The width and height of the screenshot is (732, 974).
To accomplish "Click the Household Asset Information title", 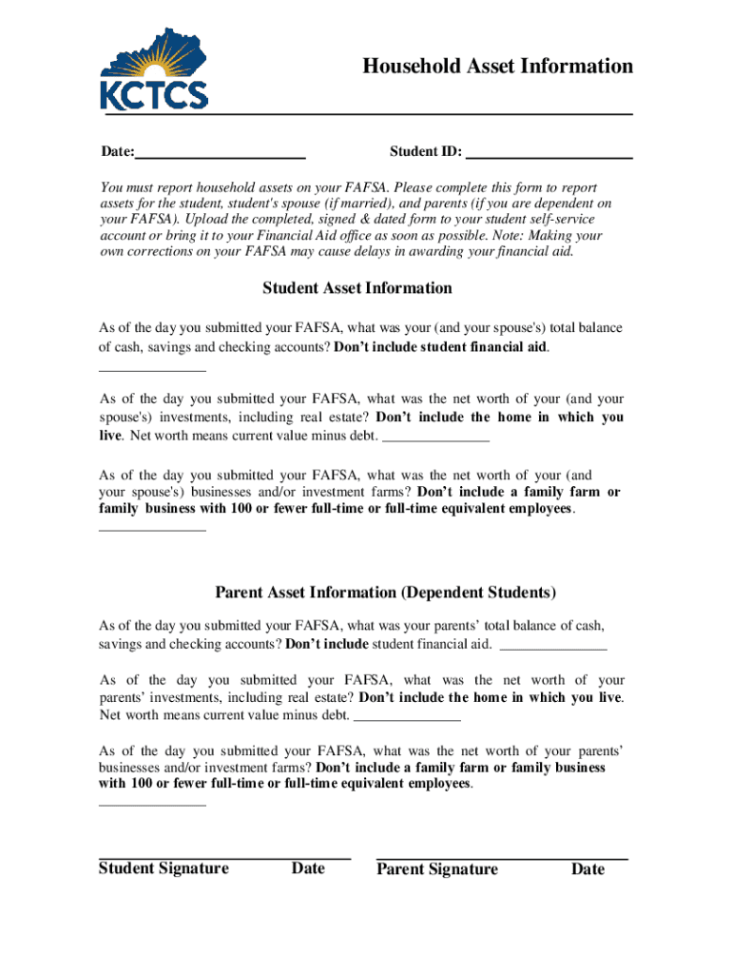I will pyautogui.click(x=497, y=66).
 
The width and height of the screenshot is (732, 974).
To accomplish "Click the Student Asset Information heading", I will pyautogui.click(x=356, y=288).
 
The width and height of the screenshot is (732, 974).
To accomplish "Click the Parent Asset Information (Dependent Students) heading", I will pyautogui.click(x=385, y=593).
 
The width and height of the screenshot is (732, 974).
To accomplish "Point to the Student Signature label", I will pyautogui.click(x=164, y=868).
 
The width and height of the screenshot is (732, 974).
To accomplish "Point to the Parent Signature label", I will pyautogui.click(x=437, y=869).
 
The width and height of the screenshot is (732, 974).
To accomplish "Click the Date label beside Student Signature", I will pyautogui.click(x=308, y=868).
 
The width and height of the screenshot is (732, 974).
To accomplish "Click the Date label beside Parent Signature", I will pyautogui.click(x=588, y=869).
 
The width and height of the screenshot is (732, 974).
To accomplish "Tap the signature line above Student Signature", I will pyautogui.click(x=224, y=858).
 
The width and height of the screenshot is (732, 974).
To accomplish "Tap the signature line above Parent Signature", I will pyautogui.click(x=502, y=859).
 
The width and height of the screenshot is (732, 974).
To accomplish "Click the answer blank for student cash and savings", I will pyautogui.click(x=152, y=369).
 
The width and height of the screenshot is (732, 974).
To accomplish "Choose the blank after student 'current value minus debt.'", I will pyautogui.click(x=435, y=440).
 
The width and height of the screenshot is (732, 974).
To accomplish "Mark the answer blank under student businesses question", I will pyautogui.click(x=152, y=530).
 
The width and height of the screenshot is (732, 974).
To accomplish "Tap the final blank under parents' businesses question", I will pyautogui.click(x=152, y=805).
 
